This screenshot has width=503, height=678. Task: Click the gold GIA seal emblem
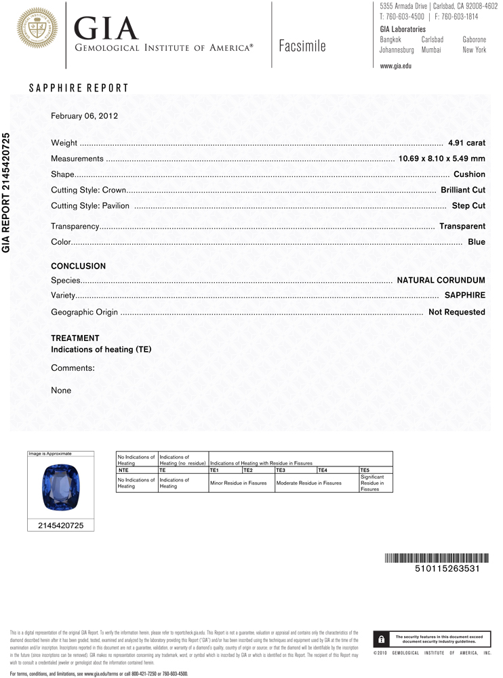(x=37, y=28)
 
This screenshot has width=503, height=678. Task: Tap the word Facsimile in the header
(x=302, y=46)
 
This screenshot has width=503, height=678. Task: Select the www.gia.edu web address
(x=396, y=66)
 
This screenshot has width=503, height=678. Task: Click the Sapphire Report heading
(x=79, y=88)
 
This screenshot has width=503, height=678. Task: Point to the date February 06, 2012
(x=85, y=116)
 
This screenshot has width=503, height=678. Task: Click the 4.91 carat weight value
(x=466, y=143)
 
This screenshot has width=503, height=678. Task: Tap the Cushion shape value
(x=469, y=174)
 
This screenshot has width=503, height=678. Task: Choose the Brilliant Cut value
(x=463, y=190)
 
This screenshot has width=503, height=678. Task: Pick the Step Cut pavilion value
(x=468, y=205)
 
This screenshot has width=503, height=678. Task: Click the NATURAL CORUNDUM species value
(x=441, y=280)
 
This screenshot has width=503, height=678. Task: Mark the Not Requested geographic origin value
(x=456, y=312)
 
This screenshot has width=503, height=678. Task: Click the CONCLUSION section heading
(x=79, y=266)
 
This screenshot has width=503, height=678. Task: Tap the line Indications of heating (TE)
(x=101, y=350)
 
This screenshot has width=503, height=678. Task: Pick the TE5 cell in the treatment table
(x=365, y=470)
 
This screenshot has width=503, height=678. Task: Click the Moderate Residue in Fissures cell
(x=308, y=483)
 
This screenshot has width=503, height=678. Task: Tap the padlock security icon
(x=382, y=639)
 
